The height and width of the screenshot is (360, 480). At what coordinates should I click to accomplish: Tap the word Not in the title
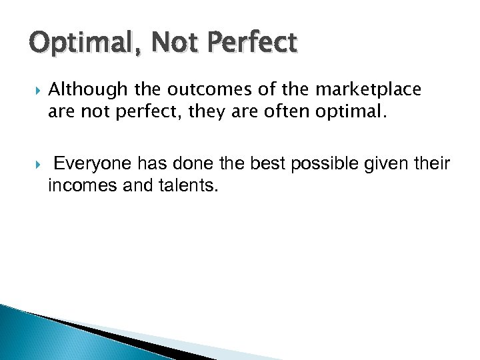(171, 43)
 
